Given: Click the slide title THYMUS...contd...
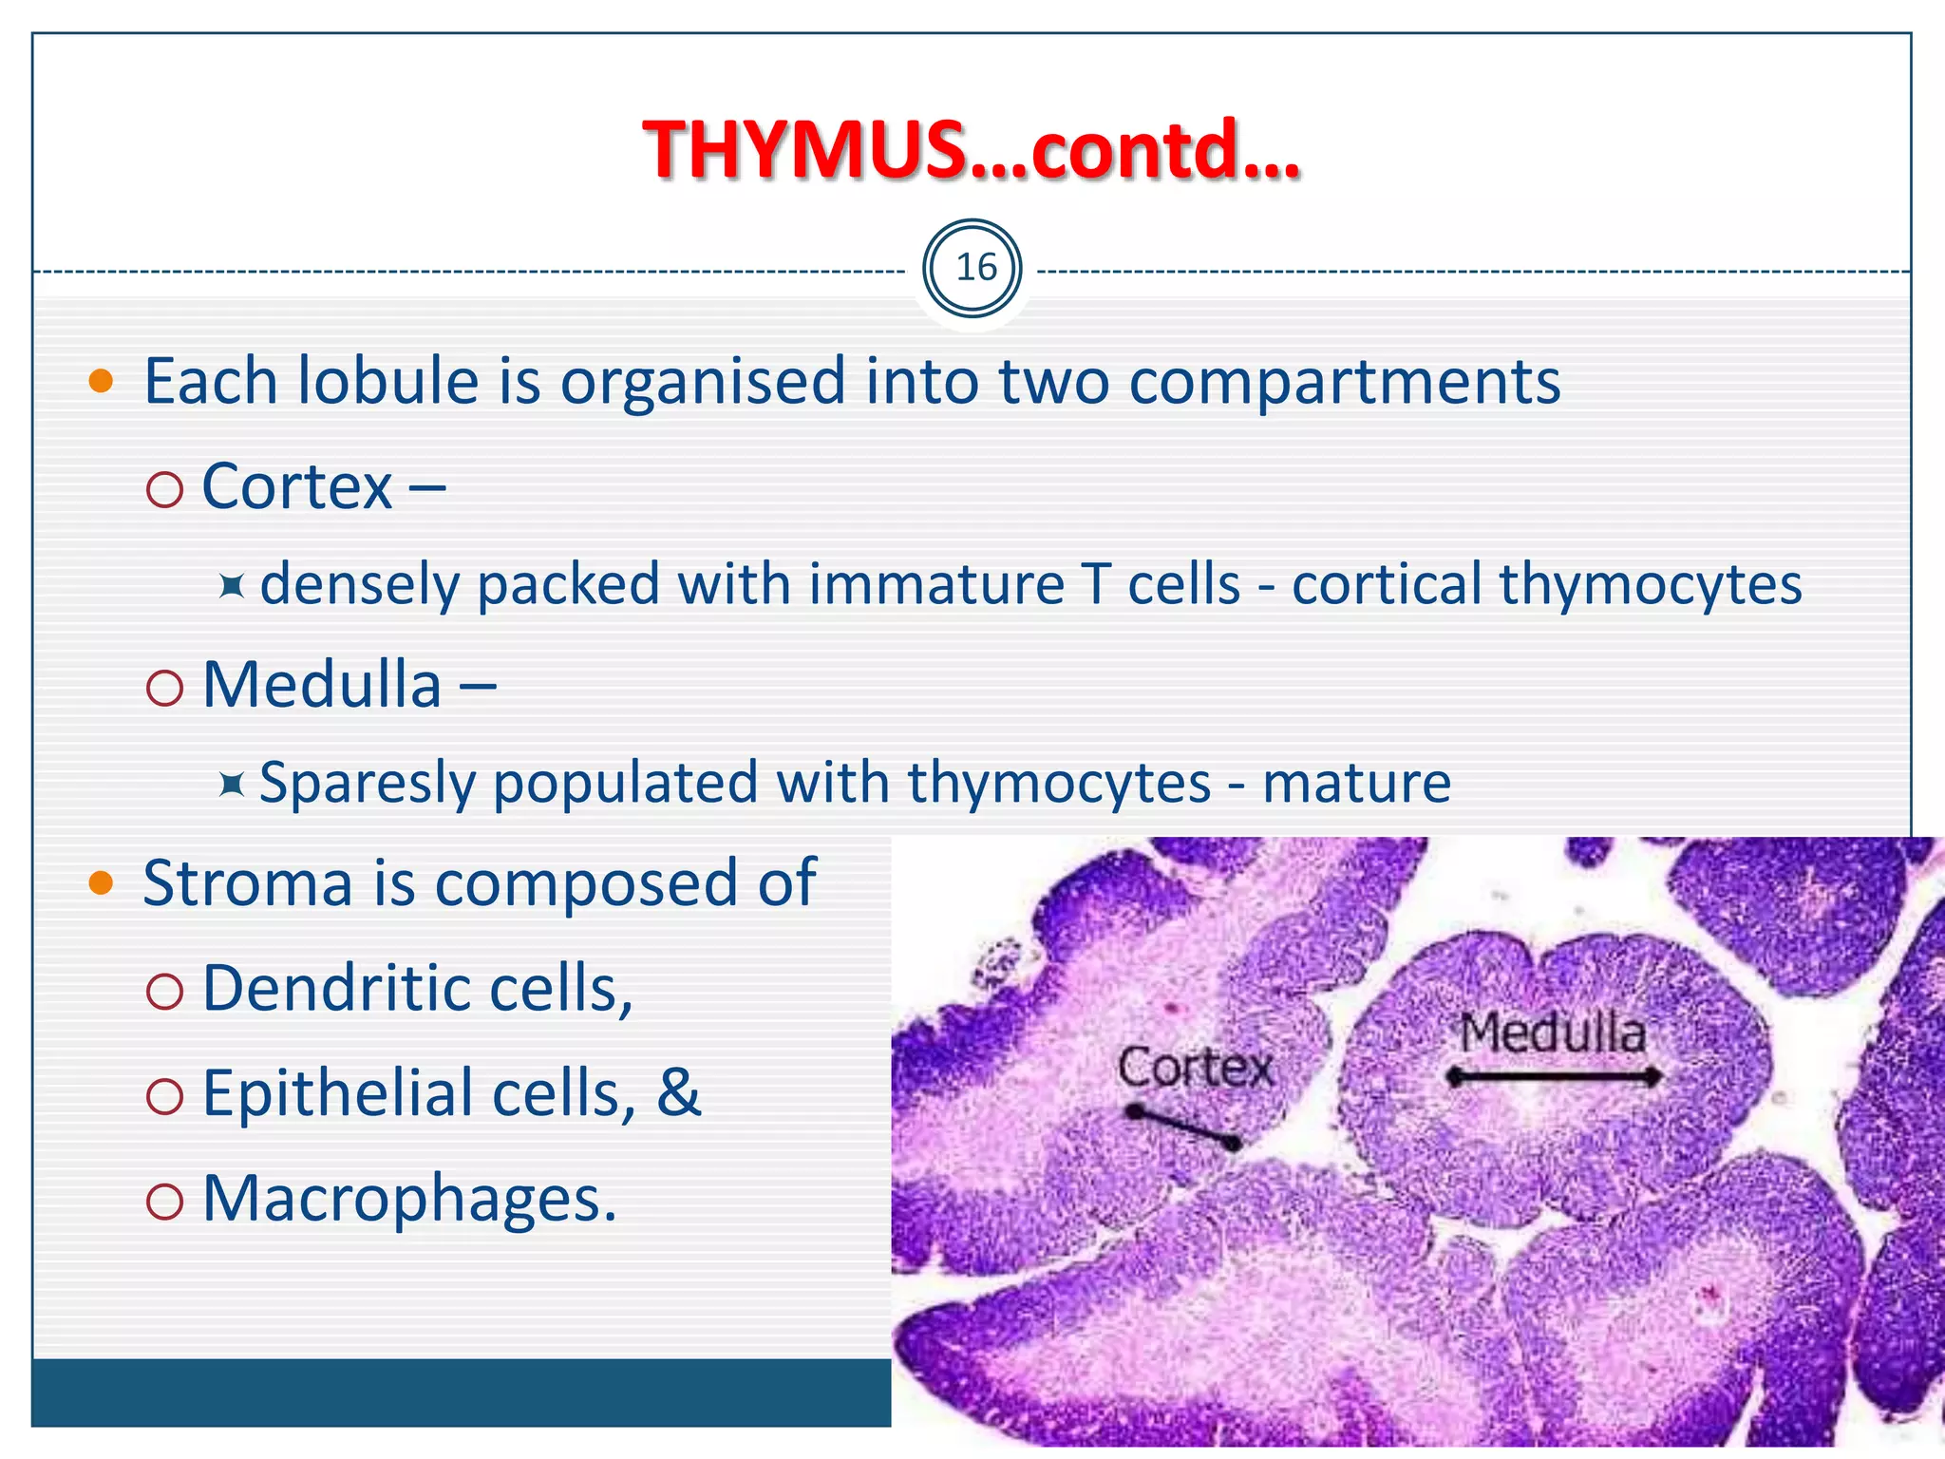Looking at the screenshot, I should [971, 150].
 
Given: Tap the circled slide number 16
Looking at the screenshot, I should [975, 269].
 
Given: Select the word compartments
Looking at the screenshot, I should [1345, 382].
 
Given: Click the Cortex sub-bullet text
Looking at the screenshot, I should [297, 487].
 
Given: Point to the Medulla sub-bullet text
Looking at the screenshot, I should [322, 685].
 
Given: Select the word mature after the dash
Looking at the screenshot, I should [1356, 784].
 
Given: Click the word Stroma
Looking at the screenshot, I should [248, 883].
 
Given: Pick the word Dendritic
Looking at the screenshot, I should [337, 989].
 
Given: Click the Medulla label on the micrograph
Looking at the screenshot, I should [1552, 1033].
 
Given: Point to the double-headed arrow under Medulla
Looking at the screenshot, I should [1554, 1077].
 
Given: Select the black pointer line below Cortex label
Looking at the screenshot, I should [1182, 1127].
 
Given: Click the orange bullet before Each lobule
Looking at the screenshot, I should [101, 383].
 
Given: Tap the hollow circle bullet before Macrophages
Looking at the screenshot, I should [165, 1203].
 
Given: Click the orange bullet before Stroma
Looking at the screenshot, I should [101, 884].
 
